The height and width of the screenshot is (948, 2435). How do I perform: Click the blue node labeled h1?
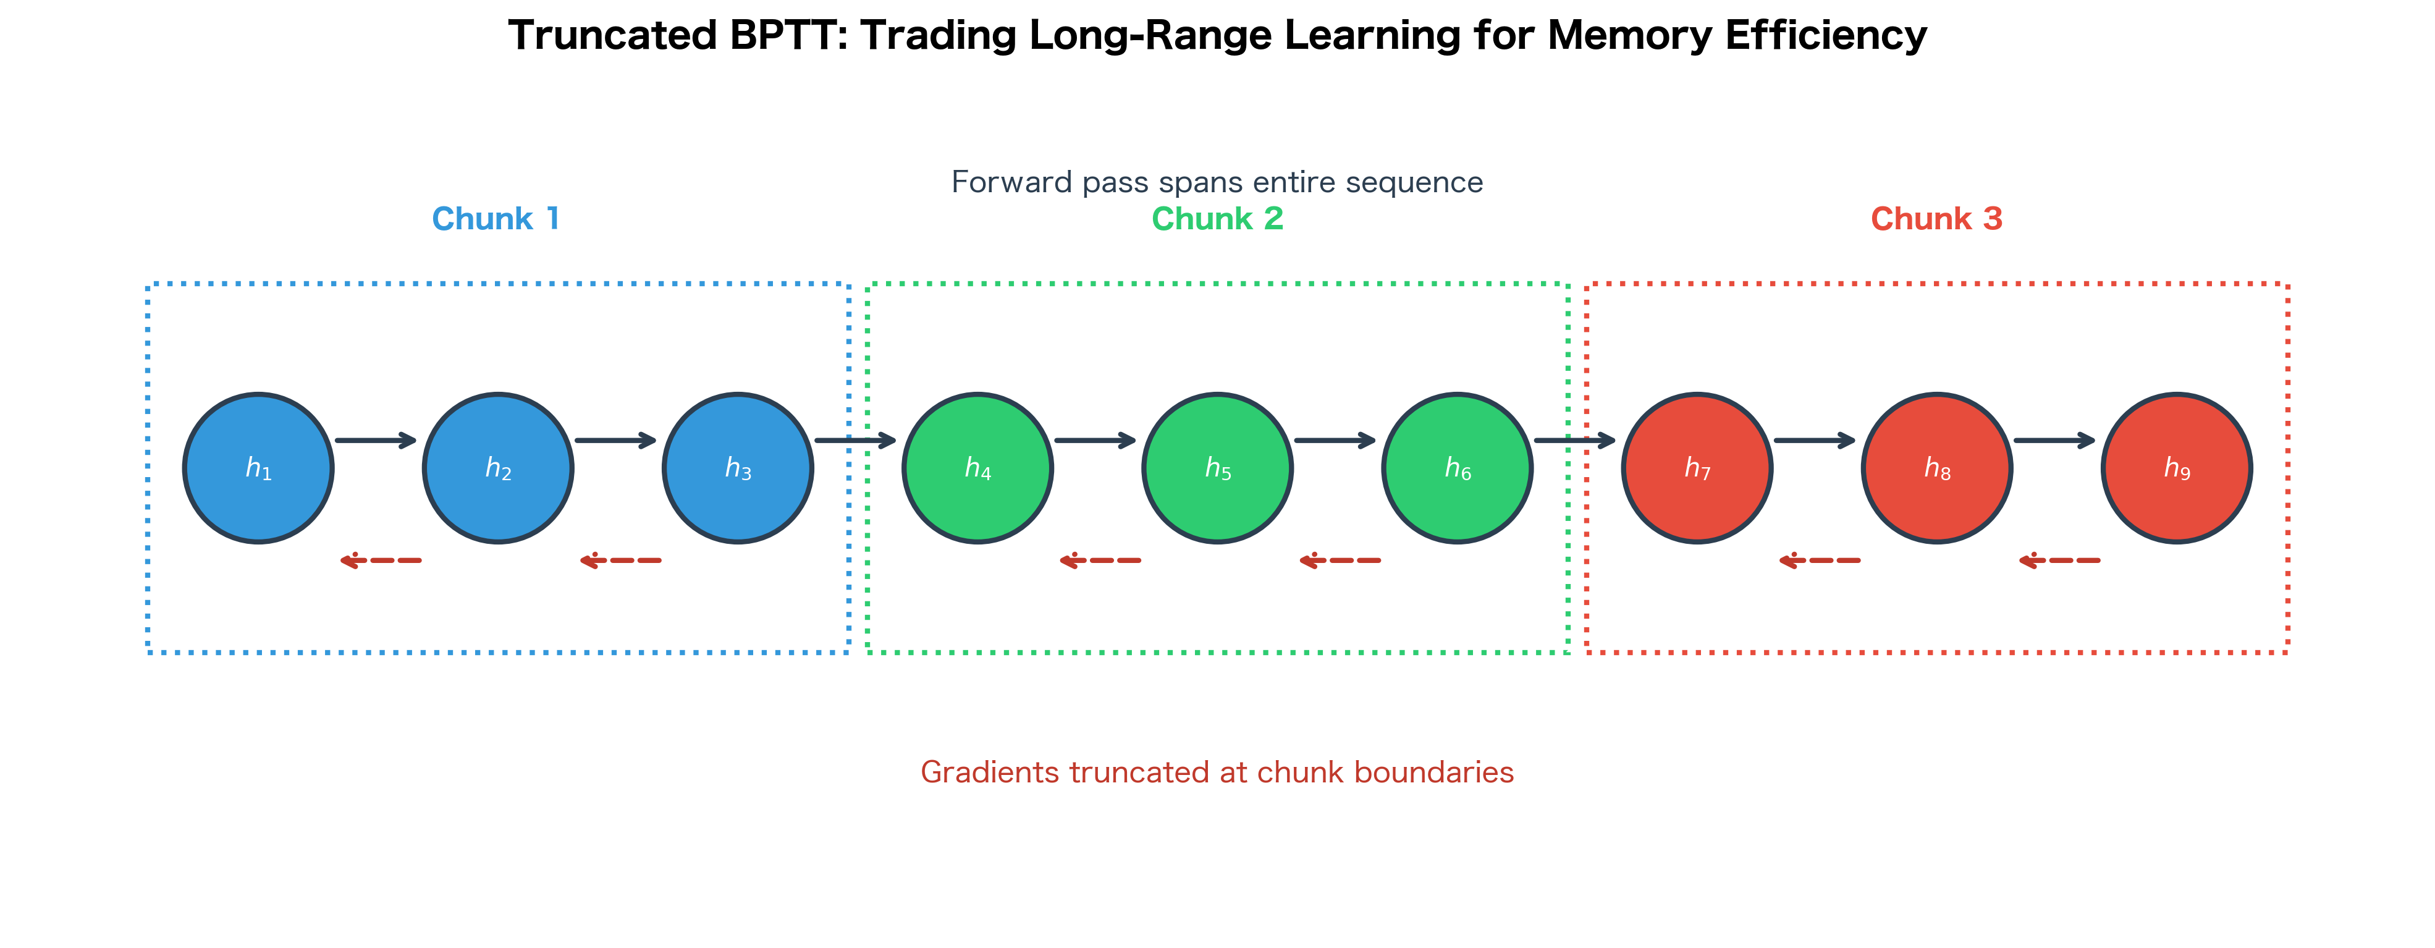(258, 468)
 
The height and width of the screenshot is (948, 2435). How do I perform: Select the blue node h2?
(498, 468)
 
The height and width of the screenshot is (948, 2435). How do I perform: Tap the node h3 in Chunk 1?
(738, 468)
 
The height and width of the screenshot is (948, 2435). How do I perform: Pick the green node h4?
(977, 468)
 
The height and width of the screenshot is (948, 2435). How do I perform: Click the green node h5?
(1217, 468)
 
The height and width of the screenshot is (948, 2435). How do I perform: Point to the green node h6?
(1458, 468)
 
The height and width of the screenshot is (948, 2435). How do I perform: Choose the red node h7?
(1698, 468)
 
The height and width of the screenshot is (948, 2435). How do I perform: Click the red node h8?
(1937, 468)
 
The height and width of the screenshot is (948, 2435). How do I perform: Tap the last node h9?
(2177, 468)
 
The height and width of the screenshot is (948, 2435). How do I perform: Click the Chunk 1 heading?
(496, 219)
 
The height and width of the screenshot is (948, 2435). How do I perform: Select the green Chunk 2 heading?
(1217, 219)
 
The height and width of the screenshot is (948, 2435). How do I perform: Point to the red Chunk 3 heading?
(1937, 219)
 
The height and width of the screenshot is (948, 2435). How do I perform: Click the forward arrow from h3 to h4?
(855, 441)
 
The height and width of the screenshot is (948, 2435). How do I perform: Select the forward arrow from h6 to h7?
(1574, 441)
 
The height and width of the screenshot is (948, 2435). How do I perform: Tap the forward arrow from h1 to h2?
(375, 441)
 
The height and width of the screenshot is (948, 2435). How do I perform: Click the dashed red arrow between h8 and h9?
(2060, 561)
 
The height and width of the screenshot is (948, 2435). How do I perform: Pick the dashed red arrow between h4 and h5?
(1100, 561)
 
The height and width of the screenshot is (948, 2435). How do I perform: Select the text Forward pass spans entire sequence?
(1217, 182)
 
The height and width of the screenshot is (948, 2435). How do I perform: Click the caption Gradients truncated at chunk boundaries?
(1217, 772)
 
